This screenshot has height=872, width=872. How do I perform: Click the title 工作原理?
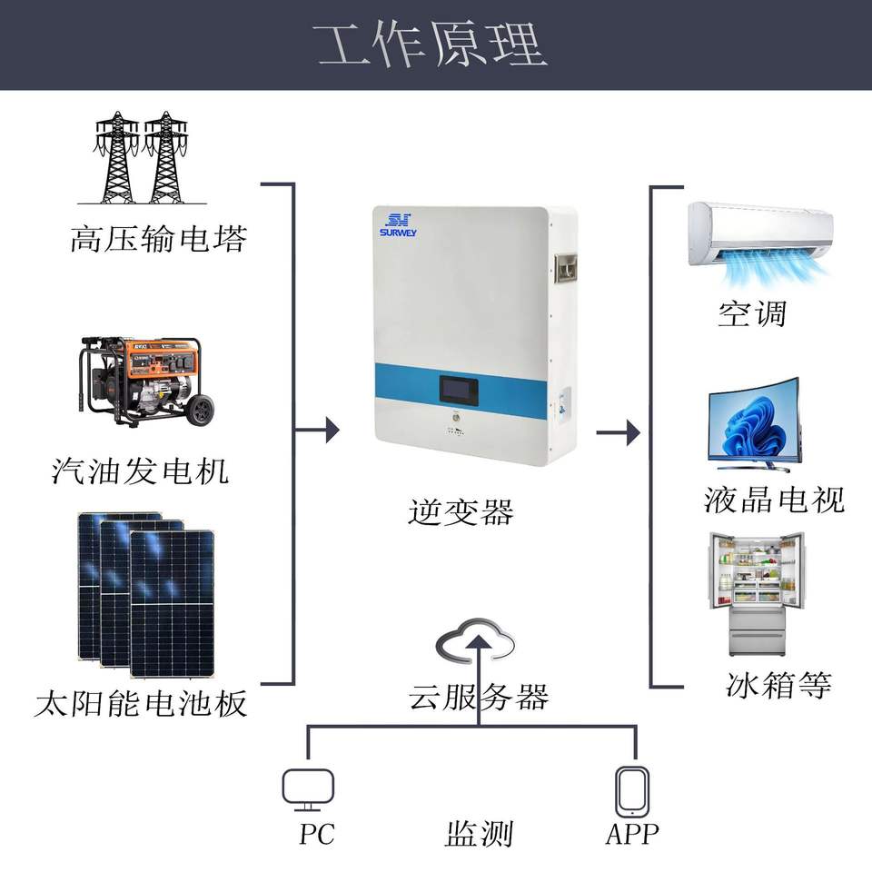click(x=430, y=45)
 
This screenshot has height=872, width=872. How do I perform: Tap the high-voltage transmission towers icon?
click(x=142, y=158)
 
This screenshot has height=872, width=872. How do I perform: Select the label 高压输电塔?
click(x=158, y=239)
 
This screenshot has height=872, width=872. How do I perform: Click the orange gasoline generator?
click(x=145, y=381)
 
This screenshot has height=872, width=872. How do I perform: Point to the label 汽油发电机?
click(x=140, y=471)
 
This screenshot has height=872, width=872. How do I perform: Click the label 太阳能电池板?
click(x=140, y=703)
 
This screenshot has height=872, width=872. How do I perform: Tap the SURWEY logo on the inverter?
click(x=398, y=225)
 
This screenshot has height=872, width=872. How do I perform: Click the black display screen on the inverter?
click(x=460, y=390)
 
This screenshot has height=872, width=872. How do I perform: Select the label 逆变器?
click(x=461, y=511)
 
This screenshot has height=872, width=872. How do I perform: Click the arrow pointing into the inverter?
click(x=316, y=430)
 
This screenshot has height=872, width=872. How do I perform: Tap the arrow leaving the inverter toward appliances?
click(x=619, y=432)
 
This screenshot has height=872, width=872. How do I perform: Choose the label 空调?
click(x=752, y=314)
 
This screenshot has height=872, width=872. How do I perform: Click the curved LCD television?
click(x=754, y=425)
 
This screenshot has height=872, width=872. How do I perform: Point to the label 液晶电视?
click(x=774, y=499)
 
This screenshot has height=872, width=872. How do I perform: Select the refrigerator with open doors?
click(x=757, y=594)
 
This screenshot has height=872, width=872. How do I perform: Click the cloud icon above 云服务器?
click(x=475, y=640)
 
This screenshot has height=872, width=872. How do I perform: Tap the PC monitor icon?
click(x=308, y=789)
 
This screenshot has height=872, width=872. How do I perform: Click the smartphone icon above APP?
click(x=632, y=792)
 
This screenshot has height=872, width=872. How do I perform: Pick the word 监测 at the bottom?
click(x=479, y=834)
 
